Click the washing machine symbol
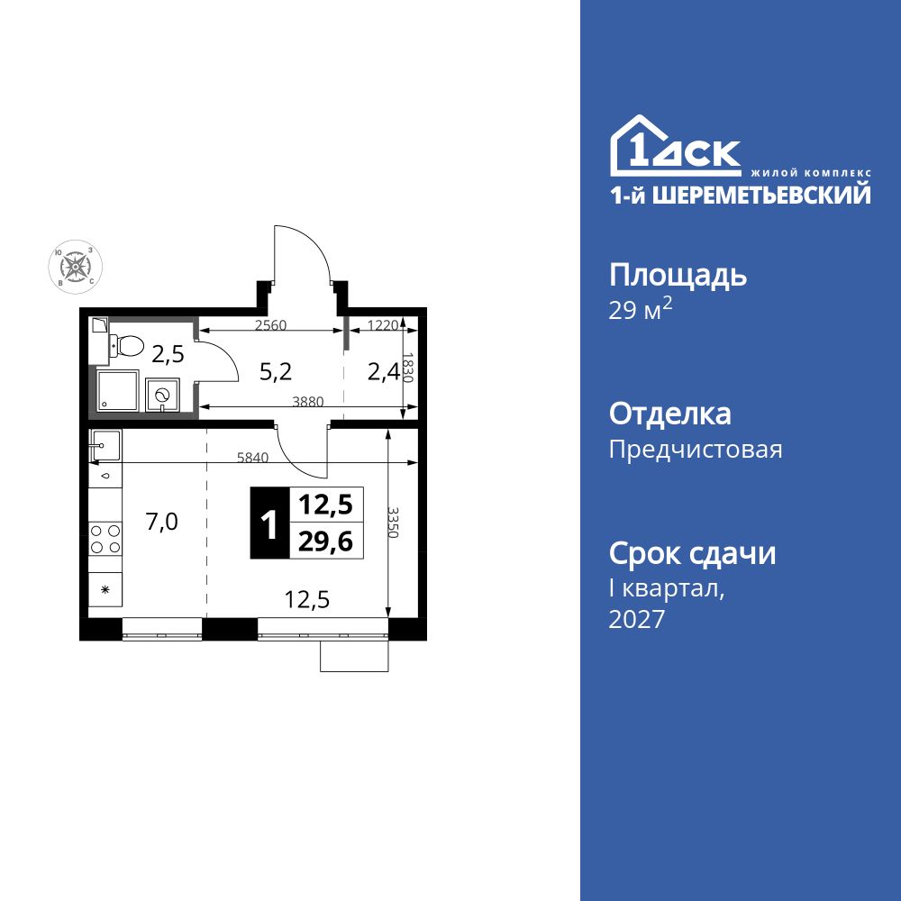163,395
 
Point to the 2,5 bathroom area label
168,354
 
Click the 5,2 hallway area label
276,369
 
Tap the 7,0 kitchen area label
162,522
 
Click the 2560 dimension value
271,325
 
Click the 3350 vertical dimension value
393,522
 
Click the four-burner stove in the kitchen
105,539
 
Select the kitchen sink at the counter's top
105,443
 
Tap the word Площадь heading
678,275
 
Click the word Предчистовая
696,449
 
